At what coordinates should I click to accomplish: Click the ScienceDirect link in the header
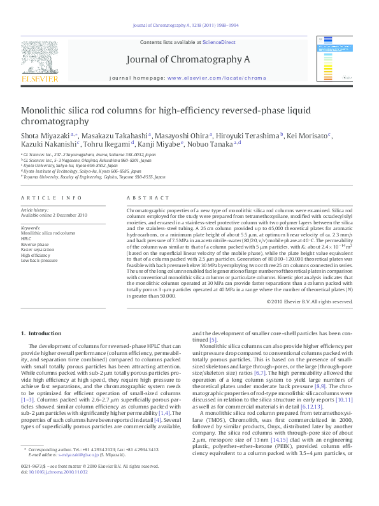pos(219,42)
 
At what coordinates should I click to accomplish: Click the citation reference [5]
pos(213,340)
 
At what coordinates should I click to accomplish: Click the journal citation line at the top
pos(189,25)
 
